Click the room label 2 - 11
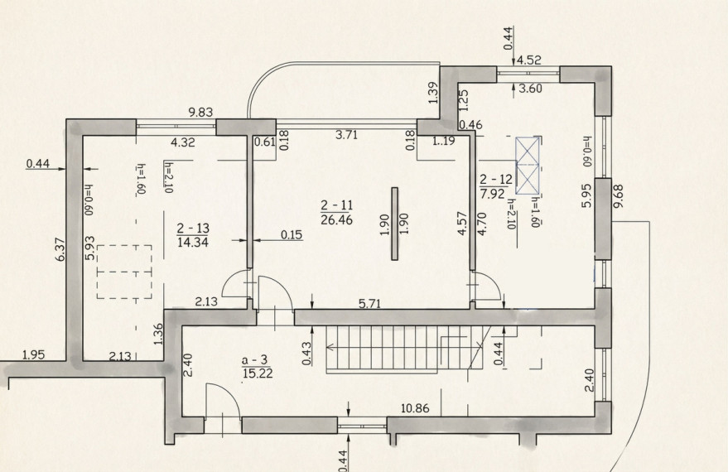pos(336,205)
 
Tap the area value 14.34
pos(193,242)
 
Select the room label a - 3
pos(255,359)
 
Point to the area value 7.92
pos(492,193)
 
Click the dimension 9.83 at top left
pos(200,112)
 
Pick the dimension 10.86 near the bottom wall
pos(415,408)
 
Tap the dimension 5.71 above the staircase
pos(370,304)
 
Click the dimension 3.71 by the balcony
pos(347,135)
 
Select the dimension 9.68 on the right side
pos(619,196)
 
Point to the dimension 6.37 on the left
pos(60,249)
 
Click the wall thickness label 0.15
pos(292,235)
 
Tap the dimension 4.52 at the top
pos(529,60)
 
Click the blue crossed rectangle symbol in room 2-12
pos(528,165)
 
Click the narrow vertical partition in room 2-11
pos(394,224)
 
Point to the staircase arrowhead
pos(330,347)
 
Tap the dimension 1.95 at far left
pos(34,355)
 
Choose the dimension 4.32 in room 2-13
pos(183,142)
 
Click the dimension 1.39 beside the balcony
pos(433,93)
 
